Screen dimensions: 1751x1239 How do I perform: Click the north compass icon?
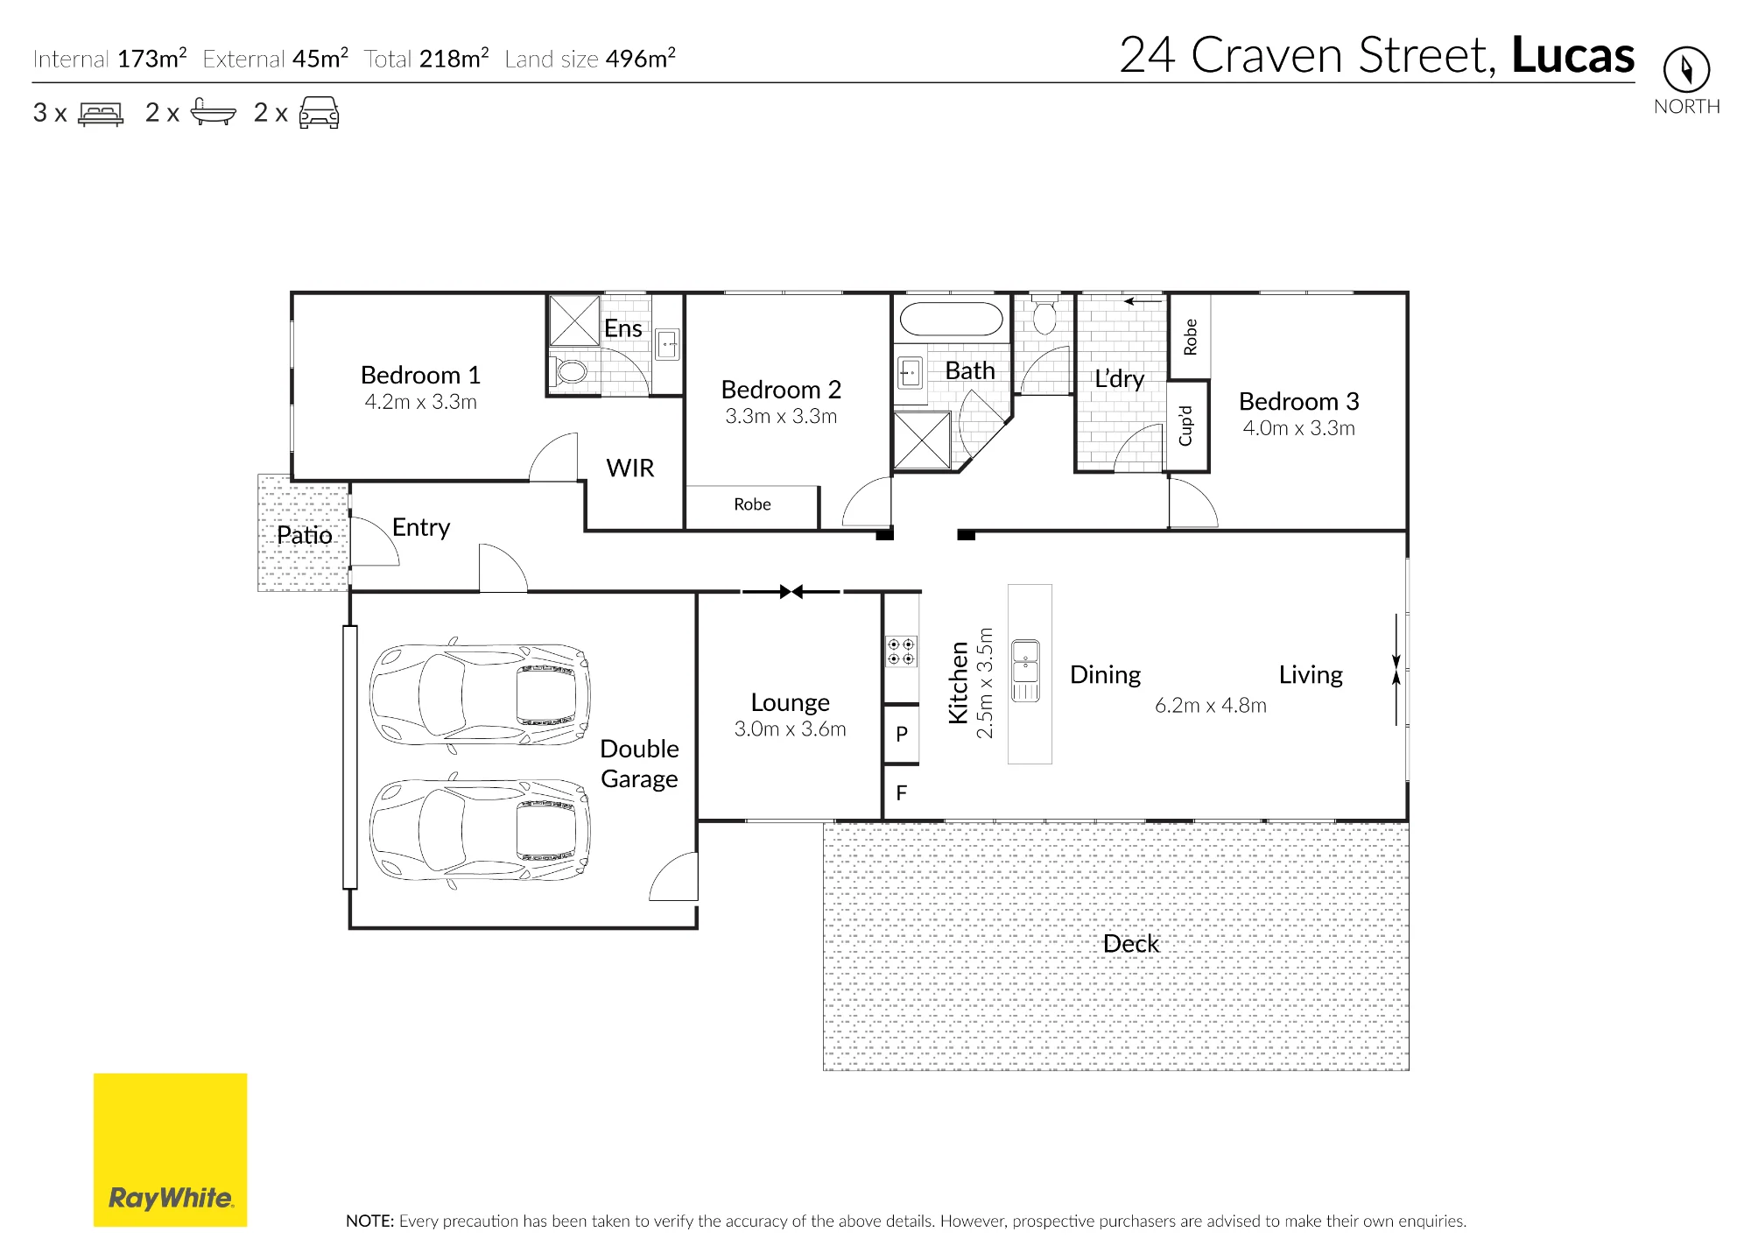coord(1686,69)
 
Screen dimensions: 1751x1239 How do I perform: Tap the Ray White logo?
coord(170,1150)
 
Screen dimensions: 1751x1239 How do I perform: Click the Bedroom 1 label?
coord(420,375)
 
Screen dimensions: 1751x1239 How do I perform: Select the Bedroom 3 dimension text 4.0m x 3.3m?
coord(1298,428)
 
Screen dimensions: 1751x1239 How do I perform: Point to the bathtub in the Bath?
coord(951,320)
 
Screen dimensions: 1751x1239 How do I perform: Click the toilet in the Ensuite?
coord(570,371)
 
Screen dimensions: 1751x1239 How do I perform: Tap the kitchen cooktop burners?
coord(901,651)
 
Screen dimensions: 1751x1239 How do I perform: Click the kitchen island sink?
coord(1025,671)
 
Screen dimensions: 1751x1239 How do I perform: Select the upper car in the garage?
coord(480,694)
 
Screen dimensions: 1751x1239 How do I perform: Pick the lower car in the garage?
coord(480,830)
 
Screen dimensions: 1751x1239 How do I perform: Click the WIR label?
coord(630,468)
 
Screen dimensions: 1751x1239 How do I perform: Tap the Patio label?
coord(305,535)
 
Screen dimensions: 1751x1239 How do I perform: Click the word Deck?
coord(1131,943)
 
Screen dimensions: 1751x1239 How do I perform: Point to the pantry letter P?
coord(902,734)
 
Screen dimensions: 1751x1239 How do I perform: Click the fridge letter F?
coord(902,792)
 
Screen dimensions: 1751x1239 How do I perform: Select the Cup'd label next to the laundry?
coord(1186,426)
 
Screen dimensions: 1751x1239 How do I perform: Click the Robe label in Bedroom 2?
coord(752,504)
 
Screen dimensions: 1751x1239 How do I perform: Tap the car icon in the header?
coord(319,113)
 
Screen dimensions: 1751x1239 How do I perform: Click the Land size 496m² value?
coord(641,59)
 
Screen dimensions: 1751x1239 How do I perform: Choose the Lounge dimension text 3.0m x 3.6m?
coord(790,729)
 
